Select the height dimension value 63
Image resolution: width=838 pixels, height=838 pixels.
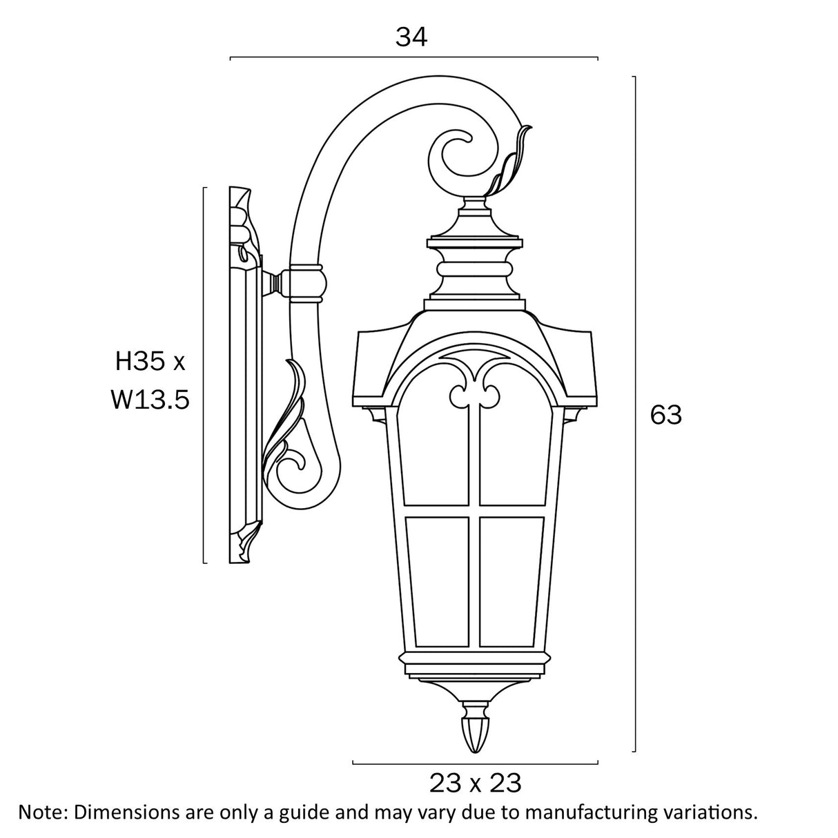pyautogui.click(x=666, y=415)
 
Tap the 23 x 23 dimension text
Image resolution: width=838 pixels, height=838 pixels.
pyautogui.click(x=475, y=783)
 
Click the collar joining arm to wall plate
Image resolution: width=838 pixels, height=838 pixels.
pyautogui.click(x=306, y=283)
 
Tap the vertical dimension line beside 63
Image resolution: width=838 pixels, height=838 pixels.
pyautogui.click(x=634, y=414)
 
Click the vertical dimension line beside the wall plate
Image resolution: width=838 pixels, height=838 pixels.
pyautogui.click(x=204, y=375)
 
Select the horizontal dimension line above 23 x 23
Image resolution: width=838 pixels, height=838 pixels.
pyautogui.click(x=475, y=763)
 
